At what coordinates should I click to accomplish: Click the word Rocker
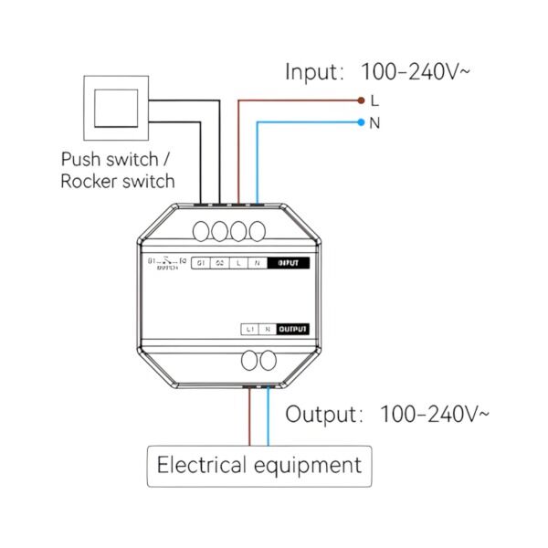tap(90, 181)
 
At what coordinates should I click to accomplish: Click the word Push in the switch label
tap(80, 159)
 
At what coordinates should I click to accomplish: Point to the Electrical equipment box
tap(259, 466)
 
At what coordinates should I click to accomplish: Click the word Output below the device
tap(320, 414)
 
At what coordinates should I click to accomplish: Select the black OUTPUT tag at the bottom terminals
tap(293, 328)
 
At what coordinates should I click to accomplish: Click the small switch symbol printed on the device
tap(167, 264)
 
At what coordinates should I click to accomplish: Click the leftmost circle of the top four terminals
tap(202, 230)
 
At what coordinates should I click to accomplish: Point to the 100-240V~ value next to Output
tap(434, 414)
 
